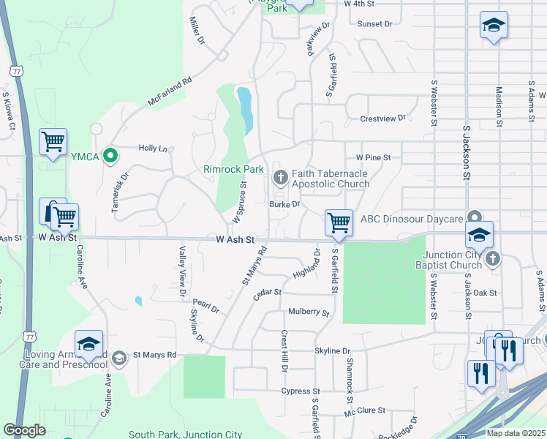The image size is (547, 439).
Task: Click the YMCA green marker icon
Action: click(110, 155)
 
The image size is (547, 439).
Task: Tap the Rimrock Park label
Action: click(233, 169)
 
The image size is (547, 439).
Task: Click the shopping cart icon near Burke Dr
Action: click(339, 222)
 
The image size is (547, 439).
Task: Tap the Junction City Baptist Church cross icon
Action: click(493, 258)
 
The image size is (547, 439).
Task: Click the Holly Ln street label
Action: click(153, 148)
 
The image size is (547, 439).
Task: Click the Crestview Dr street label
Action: click(382, 119)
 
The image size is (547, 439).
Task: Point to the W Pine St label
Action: click(374, 157)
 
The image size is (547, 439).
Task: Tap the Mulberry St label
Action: click(309, 312)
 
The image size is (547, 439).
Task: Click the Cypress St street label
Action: click(301, 391)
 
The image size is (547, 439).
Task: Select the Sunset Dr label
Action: click(375, 23)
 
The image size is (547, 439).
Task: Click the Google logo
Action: click(24, 430)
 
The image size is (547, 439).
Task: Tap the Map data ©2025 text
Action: click(516, 433)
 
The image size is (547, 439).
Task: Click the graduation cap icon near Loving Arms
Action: click(89, 343)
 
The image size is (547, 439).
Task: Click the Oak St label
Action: click(485, 293)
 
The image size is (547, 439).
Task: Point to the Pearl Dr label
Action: click(206, 306)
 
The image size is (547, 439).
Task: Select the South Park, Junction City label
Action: click(185, 434)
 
